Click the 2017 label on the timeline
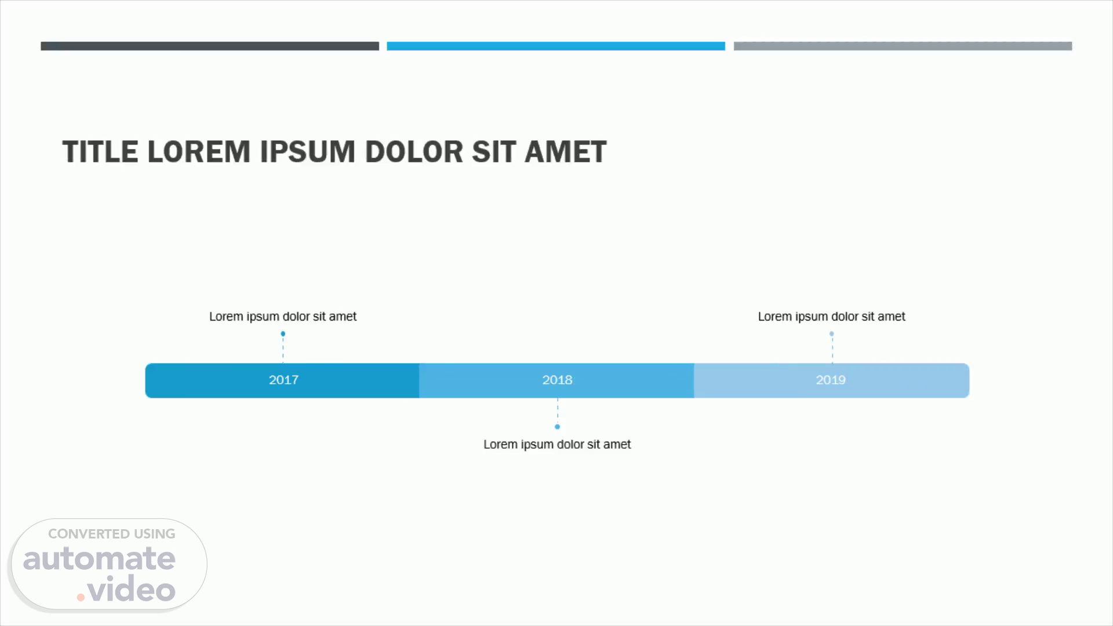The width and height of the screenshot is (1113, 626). pyautogui.click(x=283, y=380)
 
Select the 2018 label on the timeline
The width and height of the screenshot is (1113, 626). pyautogui.click(x=557, y=380)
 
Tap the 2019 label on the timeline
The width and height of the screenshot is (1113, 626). pyautogui.click(x=831, y=380)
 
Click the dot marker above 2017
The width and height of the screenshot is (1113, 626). pyautogui.click(x=283, y=334)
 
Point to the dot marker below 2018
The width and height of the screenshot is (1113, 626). pyautogui.click(x=557, y=427)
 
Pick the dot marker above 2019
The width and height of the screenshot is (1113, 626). pyautogui.click(x=831, y=334)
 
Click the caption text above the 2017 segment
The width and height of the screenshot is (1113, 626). pyautogui.click(x=283, y=316)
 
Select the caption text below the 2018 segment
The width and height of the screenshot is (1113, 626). pyautogui.click(x=557, y=445)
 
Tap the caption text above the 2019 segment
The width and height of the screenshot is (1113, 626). pyautogui.click(x=831, y=316)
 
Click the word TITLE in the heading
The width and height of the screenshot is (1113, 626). pyautogui.click(x=100, y=152)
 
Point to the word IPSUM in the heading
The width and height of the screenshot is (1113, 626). pyautogui.click(x=307, y=152)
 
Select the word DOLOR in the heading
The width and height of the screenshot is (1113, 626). pyautogui.click(x=414, y=152)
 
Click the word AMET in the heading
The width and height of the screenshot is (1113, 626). pyautogui.click(x=565, y=152)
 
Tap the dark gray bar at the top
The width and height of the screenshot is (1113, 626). pyautogui.click(x=210, y=46)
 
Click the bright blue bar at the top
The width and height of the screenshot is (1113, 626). pyautogui.click(x=556, y=46)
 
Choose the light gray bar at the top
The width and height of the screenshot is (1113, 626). pyautogui.click(x=903, y=46)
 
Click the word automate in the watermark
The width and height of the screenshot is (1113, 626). pyautogui.click(x=99, y=559)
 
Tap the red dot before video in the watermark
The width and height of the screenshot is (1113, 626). pyautogui.click(x=81, y=596)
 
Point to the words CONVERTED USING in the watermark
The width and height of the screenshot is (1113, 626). pyautogui.click(x=111, y=534)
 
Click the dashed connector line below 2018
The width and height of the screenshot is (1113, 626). pyautogui.click(x=558, y=411)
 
